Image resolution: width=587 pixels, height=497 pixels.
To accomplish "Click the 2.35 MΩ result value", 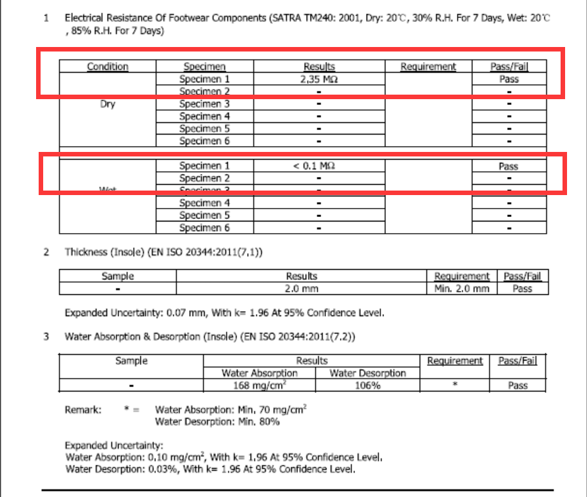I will [x=319, y=79].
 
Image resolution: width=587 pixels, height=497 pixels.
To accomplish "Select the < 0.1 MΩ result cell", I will [x=319, y=166].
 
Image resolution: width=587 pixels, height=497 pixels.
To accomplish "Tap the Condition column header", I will [x=108, y=66].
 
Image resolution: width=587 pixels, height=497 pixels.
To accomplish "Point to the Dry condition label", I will [x=108, y=104].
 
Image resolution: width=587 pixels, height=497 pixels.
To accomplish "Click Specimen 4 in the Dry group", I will [x=204, y=117].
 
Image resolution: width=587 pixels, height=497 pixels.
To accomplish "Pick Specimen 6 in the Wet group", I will [x=204, y=228].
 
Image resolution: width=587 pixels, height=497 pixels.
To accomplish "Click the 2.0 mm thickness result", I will [x=302, y=289].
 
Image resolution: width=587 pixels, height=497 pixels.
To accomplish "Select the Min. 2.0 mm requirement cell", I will [x=461, y=289].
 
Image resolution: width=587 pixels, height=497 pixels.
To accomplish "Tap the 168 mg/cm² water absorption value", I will [x=260, y=386].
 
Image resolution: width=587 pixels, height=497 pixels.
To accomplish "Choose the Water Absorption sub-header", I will [x=260, y=373].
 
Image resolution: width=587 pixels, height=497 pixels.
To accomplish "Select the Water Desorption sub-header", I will [x=367, y=373].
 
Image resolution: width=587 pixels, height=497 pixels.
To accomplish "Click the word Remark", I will [x=83, y=409].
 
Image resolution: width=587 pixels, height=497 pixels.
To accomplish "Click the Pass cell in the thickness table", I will [x=522, y=289].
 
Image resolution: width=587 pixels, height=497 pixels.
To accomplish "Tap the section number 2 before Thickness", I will [x=46, y=252].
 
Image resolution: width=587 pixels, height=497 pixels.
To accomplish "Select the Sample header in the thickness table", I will [x=118, y=276].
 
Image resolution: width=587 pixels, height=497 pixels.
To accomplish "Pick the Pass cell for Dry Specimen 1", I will [x=508, y=79].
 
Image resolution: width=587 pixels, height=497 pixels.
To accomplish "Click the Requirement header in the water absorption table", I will [x=455, y=361].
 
